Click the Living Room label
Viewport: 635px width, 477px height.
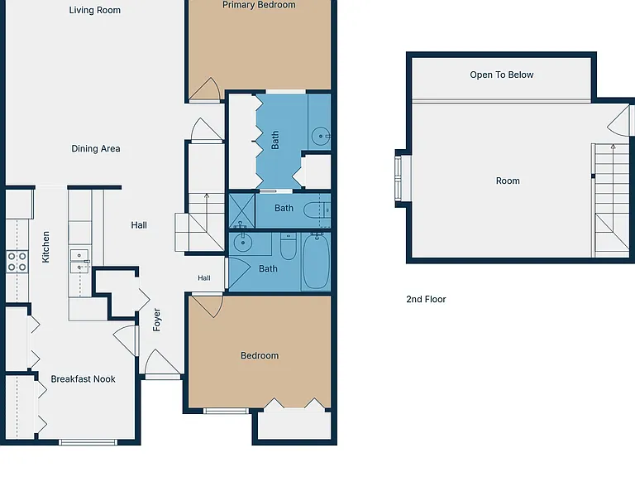(95, 10)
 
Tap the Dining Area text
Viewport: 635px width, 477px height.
(96, 148)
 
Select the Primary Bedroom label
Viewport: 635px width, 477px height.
(259, 5)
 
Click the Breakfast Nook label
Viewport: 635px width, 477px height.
(83, 378)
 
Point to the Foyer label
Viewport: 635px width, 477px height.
(157, 320)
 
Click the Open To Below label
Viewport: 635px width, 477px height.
(502, 75)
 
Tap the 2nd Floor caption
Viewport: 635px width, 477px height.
(426, 299)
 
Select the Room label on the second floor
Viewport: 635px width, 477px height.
(508, 181)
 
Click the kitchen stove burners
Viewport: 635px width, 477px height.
(17, 262)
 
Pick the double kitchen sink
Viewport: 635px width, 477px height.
(79, 261)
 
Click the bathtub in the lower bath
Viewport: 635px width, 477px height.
(317, 262)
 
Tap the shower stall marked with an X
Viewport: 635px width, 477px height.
(241, 210)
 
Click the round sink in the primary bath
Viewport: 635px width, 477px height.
(321, 136)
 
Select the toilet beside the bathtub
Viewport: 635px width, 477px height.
(288, 246)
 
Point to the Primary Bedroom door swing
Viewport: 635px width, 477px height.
(204, 89)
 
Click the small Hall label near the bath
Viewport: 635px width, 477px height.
(204, 278)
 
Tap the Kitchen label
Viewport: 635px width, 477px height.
(45, 247)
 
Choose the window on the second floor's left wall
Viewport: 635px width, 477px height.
(399, 179)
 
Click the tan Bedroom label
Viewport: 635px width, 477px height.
(260, 356)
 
